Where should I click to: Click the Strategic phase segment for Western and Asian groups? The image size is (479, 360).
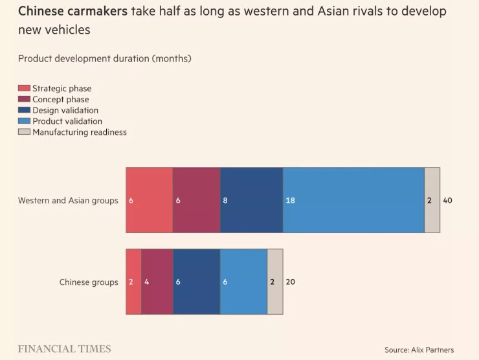[x=150, y=200]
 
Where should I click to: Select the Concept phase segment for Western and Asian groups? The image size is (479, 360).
[x=197, y=200]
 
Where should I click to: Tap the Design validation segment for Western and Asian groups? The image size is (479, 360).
[x=252, y=200]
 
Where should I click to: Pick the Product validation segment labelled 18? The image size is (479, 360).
[x=353, y=200]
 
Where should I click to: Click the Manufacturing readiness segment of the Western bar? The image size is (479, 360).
[x=432, y=200]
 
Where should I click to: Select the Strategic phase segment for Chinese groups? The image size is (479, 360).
[x=133, y=282]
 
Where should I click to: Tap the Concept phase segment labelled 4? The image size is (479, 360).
[x=157, y=282]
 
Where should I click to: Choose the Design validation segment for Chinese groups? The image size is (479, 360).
[x=197, y=282]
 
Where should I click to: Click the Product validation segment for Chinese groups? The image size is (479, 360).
[x=243, y=282]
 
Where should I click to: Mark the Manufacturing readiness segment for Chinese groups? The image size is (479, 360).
[x=275, y=282]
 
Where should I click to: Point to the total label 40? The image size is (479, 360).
[x=447, y=201]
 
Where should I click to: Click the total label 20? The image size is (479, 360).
[x=291, y=282]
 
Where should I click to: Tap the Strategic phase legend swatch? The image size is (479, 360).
[x=24, y=89]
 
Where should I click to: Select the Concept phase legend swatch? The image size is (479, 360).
[x=24, y=100]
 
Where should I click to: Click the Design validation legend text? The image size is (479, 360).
[x=65, y=111]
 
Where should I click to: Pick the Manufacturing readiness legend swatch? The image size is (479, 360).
[x=24, y=132]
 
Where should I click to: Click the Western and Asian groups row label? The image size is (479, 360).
[x=68, y=201]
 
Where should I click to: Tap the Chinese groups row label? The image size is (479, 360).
[x=89, y=282]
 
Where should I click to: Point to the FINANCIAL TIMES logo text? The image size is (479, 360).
[x=64, y=349]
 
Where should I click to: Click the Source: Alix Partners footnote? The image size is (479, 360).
[x=419, y=350]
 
